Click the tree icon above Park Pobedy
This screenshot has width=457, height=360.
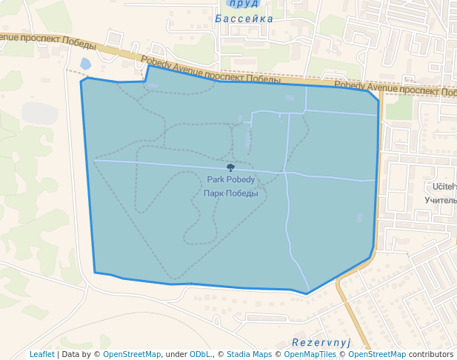click(230, 168)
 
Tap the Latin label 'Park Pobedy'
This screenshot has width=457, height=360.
click(230, 180)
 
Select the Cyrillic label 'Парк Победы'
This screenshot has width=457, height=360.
click(230, 193)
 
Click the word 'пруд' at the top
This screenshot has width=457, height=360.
click(244, 4)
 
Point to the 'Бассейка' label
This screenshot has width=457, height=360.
click(244, 19)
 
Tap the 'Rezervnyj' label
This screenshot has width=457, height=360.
click(321, 342)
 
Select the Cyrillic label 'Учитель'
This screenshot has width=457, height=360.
click(441, 200)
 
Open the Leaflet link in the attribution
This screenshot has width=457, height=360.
click(41, 354)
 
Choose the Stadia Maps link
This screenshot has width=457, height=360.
click(249, 354)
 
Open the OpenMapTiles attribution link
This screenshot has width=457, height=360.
click(310, 354)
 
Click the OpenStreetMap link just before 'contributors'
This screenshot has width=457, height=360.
click(377, 354)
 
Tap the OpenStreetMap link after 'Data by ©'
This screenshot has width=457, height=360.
click(132, 354)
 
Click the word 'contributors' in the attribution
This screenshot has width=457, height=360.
click(430, 354)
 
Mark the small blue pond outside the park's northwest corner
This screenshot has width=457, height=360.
click(85, 64)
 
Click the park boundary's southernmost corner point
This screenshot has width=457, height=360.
click(307, 294)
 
